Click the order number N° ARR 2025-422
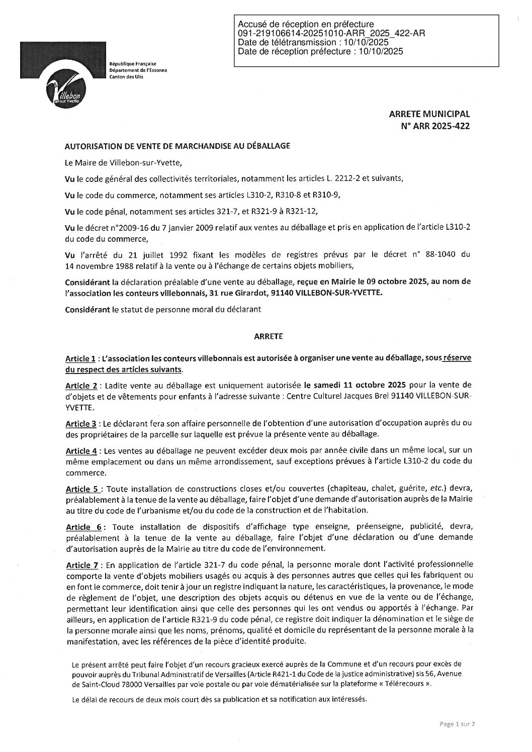[x=435, y=127]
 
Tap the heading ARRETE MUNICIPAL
[x=430, y=115]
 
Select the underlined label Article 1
[x=80, y=359]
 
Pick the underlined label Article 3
[x=80, y=423]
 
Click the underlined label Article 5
[x=83, y=488]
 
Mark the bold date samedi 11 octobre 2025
[x=359, y=386]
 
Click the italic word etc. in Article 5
[x=435, y=488]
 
